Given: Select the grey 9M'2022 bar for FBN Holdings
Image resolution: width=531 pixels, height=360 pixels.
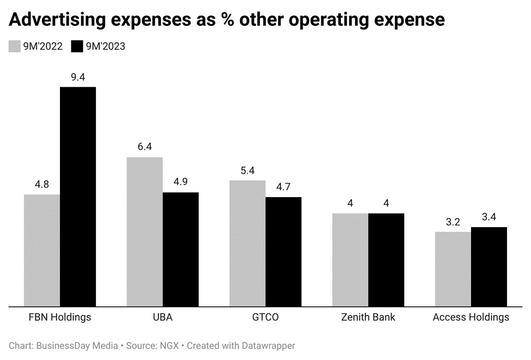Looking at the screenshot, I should coord(42,250).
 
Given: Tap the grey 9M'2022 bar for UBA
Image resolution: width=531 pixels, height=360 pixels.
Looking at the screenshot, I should coord(145,231).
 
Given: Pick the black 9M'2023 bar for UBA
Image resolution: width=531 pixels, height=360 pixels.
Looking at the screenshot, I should coord(181,249).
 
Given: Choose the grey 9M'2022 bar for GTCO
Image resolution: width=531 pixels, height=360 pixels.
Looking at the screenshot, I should coord(247,243).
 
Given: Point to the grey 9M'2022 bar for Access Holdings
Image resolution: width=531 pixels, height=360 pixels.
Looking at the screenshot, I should coord(453,269).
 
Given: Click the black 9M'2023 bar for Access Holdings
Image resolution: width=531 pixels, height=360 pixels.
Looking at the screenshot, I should coord(489,266).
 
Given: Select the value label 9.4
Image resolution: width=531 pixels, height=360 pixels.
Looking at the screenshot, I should coord(78,77).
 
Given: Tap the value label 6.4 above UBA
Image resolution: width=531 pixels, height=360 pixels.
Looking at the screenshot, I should coord(145,147).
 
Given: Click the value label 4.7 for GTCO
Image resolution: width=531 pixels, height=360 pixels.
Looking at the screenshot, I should coord(283,187).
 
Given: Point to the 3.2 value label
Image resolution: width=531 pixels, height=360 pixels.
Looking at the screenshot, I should coord(453,222).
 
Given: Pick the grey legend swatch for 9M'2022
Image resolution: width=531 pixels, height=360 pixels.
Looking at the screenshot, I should coord(14,46).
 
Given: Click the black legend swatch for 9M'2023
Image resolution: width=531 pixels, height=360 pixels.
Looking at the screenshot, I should coord(77,46).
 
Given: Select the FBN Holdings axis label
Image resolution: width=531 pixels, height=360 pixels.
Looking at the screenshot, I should coord(60,317).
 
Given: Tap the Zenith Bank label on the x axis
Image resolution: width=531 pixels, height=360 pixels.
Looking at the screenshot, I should coord(368,317).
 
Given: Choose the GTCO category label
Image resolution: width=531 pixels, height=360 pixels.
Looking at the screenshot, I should coord(265,317).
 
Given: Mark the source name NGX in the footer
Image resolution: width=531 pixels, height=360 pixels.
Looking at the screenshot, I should coord(167,345).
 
